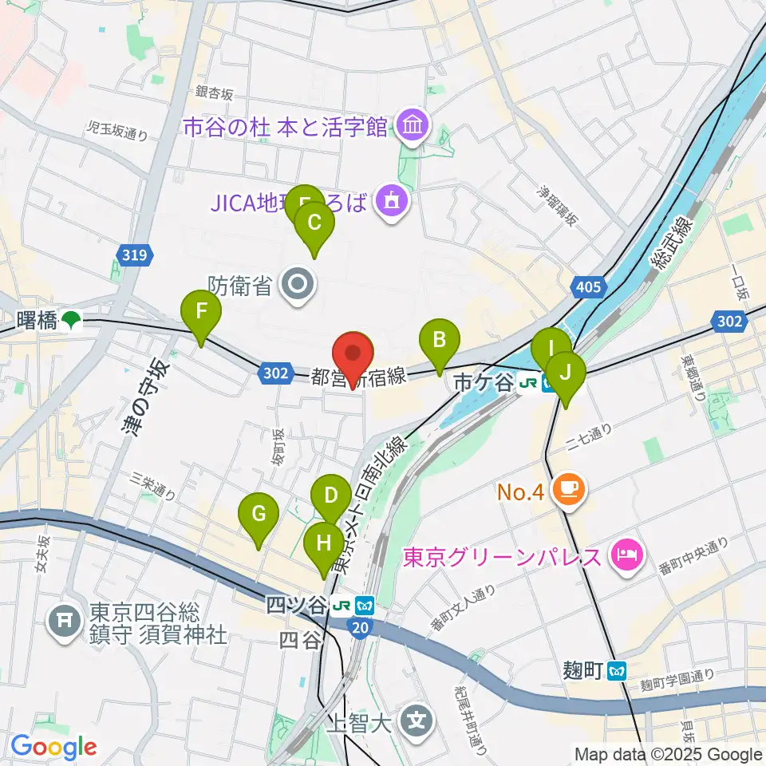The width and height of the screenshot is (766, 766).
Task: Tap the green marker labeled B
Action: click(x=439, y=341)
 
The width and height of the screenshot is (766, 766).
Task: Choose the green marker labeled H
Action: click(x=323, y=545)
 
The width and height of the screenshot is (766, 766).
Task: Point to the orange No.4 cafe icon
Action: click(x=570, y=488)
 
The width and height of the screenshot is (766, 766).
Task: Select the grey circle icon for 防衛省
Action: click(x=299, y=283)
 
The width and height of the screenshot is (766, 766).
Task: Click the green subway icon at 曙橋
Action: click(x=72, y=321)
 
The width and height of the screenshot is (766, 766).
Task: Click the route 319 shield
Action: click(x=135, y=255)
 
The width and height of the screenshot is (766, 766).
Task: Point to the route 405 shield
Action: click(x=587, y=286)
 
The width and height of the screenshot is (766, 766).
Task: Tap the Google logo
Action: click(x=53, y=748)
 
